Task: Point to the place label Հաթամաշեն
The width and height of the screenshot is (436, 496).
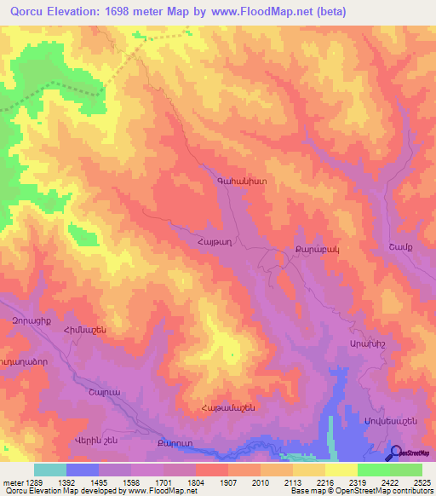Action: (228, 408)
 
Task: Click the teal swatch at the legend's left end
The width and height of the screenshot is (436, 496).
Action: (50, 470)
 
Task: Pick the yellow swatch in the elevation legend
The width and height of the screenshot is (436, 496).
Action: (341, 470)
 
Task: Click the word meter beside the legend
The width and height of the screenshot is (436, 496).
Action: (9, 482)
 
